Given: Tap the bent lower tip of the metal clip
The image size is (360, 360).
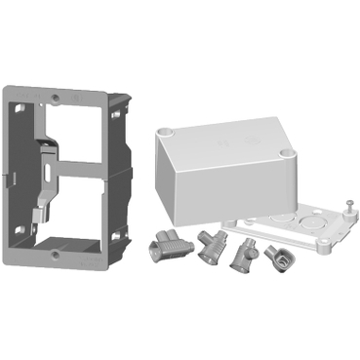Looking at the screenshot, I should (43, 210).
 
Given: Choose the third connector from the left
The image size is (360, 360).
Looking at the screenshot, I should (240, 258).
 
